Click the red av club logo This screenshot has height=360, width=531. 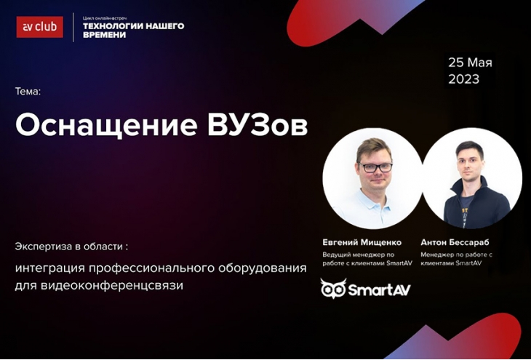pyautogui.click(x=39, y=27)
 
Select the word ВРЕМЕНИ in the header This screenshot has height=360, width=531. pyautogui.click(x=104, y=35)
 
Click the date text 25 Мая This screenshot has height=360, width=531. pyautogui.click(x=470, y=63)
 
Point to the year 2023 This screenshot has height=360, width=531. pyautogui.click(x=464, y=79)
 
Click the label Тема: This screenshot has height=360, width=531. pyautogui.click(x=28, y=92)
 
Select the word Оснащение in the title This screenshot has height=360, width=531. pyautogui.click(x=106, y=126)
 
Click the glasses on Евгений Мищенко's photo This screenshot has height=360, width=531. pyautogui.click(x=375, y=167)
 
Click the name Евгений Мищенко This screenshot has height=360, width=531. pyautogui.click(x=362, y=242)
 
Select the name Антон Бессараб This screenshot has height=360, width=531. pyautogui.click(x=455, y=242)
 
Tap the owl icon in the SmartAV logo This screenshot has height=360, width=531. pyautogui.click(x=333, y=289)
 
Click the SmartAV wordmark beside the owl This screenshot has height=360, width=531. pyautogui.click(x=379, y=290)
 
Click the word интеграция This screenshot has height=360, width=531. pyautogui.click(x=49, y=268)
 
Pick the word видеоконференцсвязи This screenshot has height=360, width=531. pyautogui.click(x=112, y=286)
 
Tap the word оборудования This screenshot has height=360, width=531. pyautogui.click(x=263, y=268)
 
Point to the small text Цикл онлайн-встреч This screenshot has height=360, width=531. pyautogui.click(x=105, y=18)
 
